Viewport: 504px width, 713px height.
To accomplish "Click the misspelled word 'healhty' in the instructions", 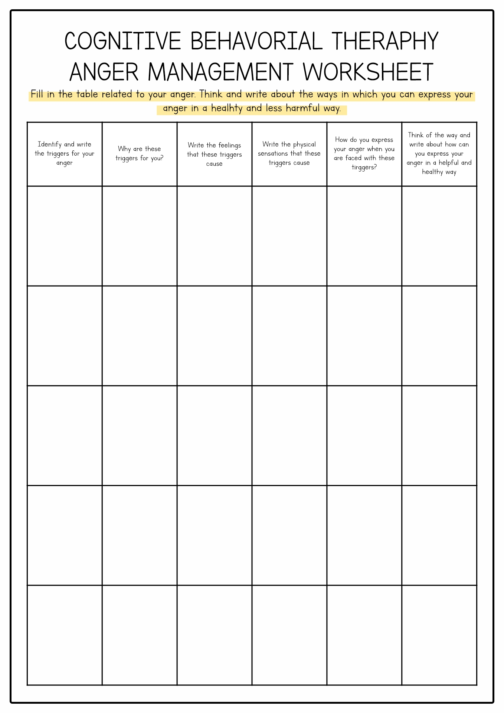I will coord(226,108).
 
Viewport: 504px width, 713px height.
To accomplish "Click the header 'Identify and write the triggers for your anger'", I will coord(65,154).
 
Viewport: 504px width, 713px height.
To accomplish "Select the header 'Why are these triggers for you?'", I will coord(140,154).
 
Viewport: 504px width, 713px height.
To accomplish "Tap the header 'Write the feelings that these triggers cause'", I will coord(215,154).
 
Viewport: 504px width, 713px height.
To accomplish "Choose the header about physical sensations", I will coord(289,154).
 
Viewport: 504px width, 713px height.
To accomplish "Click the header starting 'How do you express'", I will coord(364,154).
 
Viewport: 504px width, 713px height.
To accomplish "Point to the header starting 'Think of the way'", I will coord(439,154).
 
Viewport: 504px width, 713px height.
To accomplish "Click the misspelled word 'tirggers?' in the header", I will coord(364,167).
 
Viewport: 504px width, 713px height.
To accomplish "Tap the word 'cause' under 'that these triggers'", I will coord(215,164).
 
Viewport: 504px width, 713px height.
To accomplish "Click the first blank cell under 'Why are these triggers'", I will coord(140,236).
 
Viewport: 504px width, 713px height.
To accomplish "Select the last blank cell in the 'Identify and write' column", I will coord(65,635).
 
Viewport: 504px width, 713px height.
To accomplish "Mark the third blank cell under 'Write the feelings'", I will coord(215,436).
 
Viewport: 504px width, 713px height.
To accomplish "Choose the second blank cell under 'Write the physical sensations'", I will coord(289,336).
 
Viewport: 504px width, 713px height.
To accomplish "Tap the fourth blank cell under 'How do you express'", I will coord(364,535).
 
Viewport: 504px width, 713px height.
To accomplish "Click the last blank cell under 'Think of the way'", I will coord(439,635).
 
